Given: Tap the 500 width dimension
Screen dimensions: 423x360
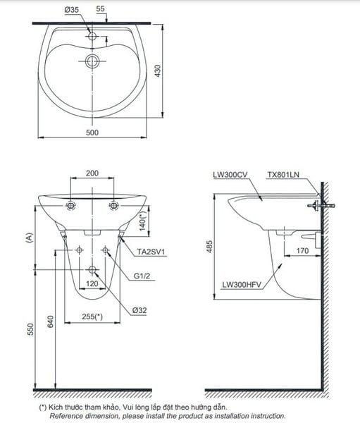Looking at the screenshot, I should click(x=92, y=132).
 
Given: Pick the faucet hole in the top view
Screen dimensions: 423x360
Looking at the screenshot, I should click(x=92, y=35).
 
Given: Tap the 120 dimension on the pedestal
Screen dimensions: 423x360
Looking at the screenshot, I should click(x=92, y=283).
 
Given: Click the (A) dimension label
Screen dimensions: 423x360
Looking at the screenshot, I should click(x=29, y=238).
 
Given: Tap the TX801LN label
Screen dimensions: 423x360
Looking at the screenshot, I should click(x=283, y=173).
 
